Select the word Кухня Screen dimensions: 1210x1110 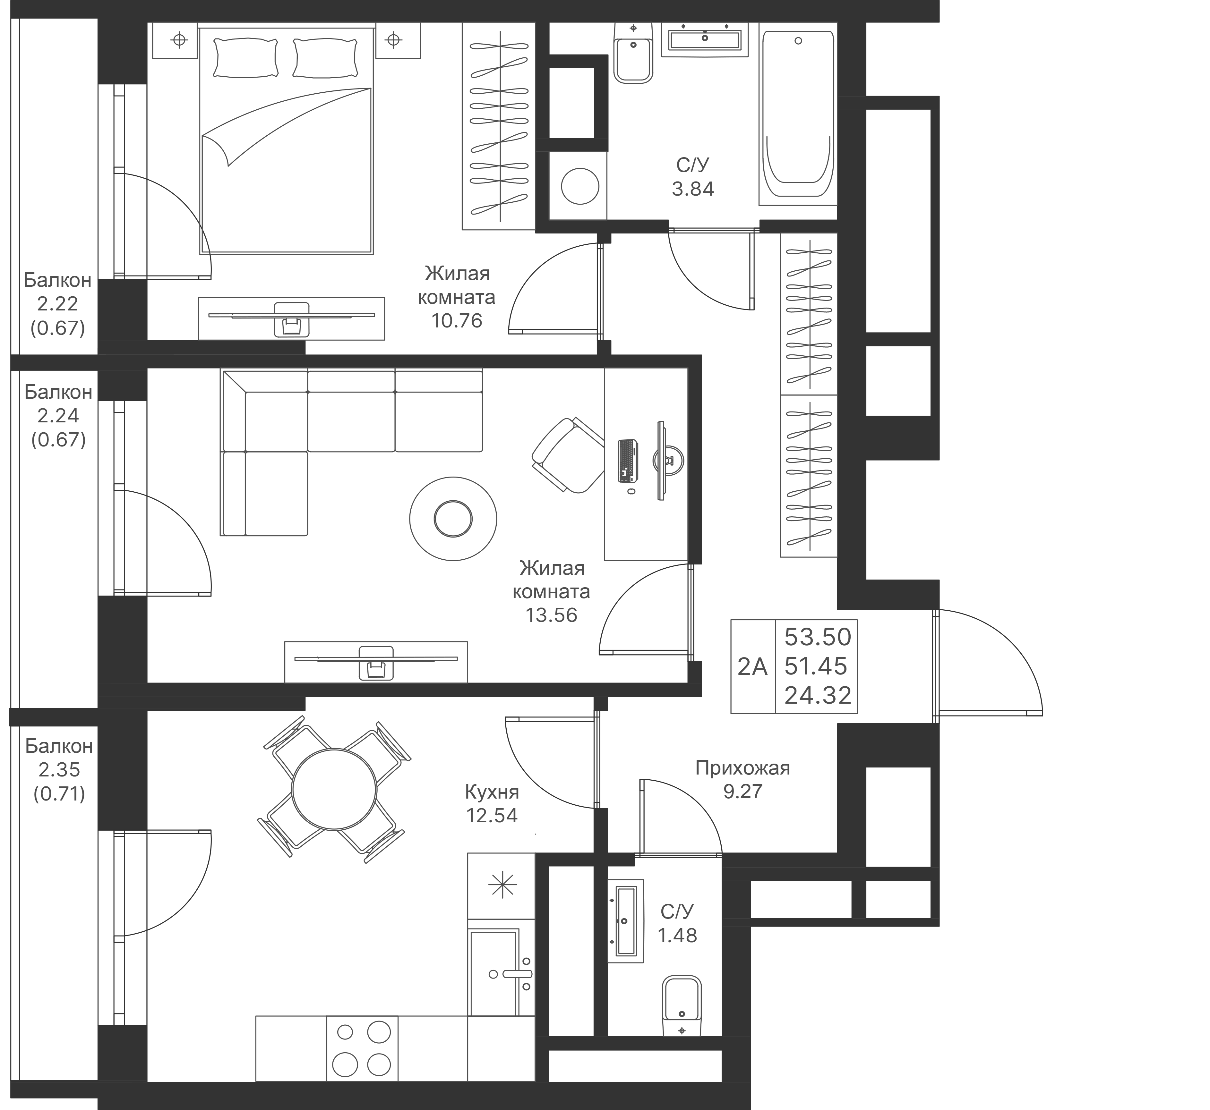[492, 793]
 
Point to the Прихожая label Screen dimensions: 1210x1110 [742, 768]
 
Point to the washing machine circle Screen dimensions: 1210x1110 [580, 186]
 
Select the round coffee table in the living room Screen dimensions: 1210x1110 [453, 519]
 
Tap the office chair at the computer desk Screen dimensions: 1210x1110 [568, 455]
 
